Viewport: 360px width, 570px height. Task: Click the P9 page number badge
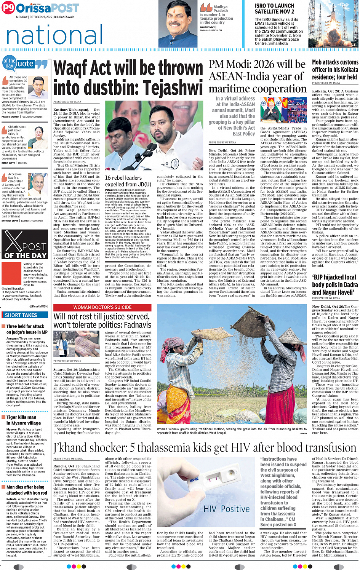(x=8, y=8)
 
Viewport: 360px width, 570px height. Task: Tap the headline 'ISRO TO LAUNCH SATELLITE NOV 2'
(x=275, y=9)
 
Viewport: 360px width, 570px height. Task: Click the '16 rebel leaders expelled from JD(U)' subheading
(x=128, y=181)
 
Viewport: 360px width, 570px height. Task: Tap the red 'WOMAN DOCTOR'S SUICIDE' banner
(x=102, y=307)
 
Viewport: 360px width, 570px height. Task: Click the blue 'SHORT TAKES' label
(x=21, y=315)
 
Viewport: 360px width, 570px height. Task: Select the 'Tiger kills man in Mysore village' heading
(x=24, y=420)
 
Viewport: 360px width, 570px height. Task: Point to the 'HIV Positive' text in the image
(x=226, y=509)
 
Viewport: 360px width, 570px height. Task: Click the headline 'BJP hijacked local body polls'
(x=334, y=284)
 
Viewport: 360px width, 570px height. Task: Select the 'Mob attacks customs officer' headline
(x=335, y=69)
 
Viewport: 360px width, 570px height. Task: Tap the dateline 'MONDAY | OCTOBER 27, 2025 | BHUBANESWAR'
(x=45, y=17)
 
